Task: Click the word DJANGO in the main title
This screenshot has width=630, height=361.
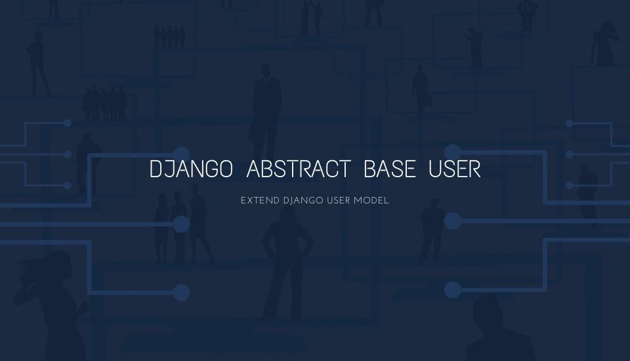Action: [191, 169]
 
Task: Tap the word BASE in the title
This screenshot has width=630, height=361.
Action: [389, 169]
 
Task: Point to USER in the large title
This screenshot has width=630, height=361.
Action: [455, 169]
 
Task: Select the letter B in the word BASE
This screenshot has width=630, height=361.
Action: [369, 169]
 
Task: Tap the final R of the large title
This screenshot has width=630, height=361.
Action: [474, 169]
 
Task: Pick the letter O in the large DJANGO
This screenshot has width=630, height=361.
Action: [224, 169]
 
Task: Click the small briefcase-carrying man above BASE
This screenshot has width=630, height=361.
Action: [421, 89]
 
